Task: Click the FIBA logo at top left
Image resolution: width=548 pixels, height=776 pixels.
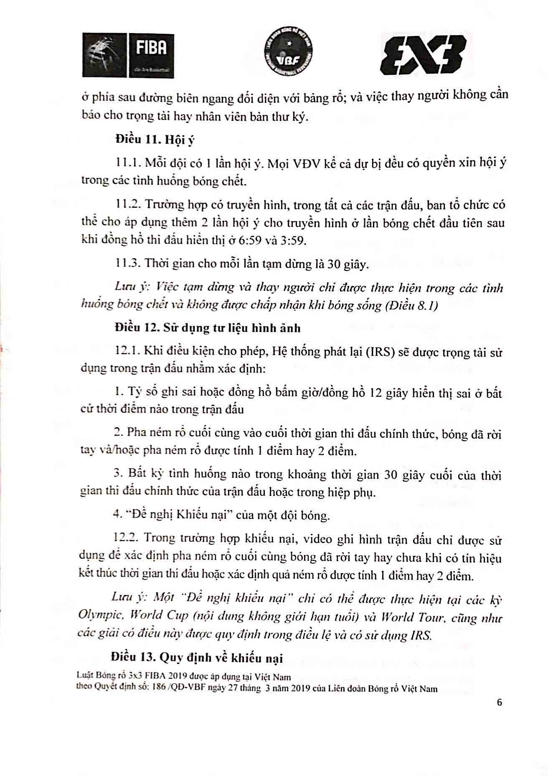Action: tap(128, 55)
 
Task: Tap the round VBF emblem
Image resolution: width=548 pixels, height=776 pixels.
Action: tap(290, 54)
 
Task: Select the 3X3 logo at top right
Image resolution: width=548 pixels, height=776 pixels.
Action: tap(422, 54)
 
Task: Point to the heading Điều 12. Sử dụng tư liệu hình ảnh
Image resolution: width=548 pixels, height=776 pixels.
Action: tap(208, 327)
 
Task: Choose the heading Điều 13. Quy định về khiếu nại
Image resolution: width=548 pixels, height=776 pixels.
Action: tap(197, 658)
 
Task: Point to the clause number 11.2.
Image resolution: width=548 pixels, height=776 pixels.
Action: tap(127, 205)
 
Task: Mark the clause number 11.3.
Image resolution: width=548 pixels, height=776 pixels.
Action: tap(127, 263)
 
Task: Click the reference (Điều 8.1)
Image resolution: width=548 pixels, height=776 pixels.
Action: tap(412, 305)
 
